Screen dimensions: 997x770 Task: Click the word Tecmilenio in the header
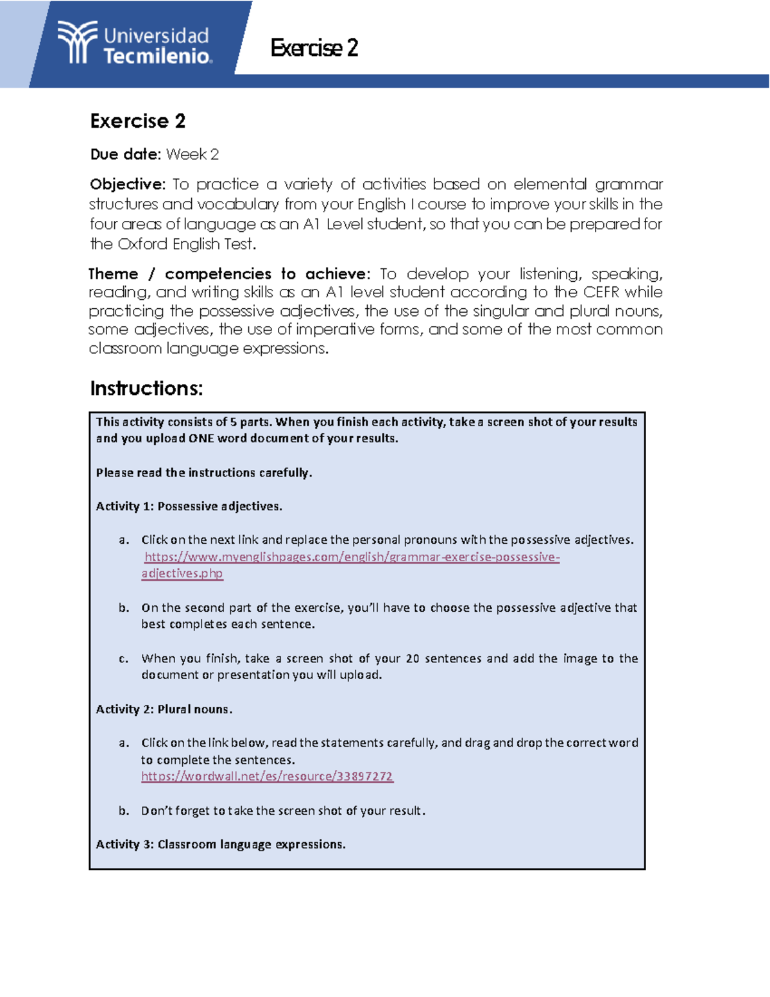point(157,56)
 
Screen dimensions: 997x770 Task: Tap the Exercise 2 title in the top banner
point(314,48)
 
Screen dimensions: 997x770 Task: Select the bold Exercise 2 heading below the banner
point(138,121)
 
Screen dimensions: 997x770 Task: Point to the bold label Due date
point(124,155)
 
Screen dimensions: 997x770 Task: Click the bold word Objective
point(127,185)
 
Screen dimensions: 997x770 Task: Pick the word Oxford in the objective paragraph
point(141,245)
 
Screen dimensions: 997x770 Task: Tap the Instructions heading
point(146,389)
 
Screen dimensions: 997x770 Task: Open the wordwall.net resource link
point(267,776)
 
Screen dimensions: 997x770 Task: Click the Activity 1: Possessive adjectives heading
point(189,507)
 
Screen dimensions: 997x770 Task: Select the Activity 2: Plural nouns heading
point(164,709)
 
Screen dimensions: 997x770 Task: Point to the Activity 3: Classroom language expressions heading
point(221,845)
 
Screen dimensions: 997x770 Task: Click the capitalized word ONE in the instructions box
point(201,438)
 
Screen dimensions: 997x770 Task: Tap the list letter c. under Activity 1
point(124,659)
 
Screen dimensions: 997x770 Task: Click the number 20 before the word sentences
point(413,659)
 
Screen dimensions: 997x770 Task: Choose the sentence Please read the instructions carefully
point(204,473)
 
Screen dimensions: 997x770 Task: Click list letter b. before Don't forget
point(124,811)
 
